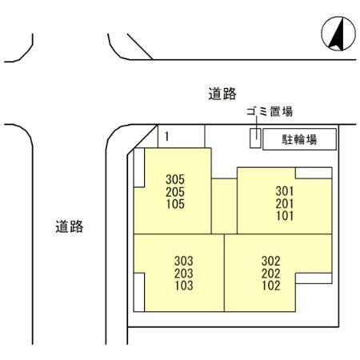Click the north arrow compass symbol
pos(338,34)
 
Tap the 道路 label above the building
pos(222,94)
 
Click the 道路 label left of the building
pos(70,226)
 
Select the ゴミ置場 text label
pos(270,111)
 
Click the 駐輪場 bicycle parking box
pos(299,139)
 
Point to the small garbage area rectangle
pos(255,138)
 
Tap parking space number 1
pos(167,137)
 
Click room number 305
pos(175,179)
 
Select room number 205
pos(175,192)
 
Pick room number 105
pos(175,204)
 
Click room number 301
pos(285,191)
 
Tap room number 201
pos(285,203)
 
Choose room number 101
pos(285,216)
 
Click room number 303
pos(184,261)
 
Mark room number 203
pos(184,274)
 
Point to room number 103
pos(184,286)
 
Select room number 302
pos(271,261)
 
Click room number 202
pos(271,274)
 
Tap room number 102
pos(271,286)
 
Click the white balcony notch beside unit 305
pos(139,168)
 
